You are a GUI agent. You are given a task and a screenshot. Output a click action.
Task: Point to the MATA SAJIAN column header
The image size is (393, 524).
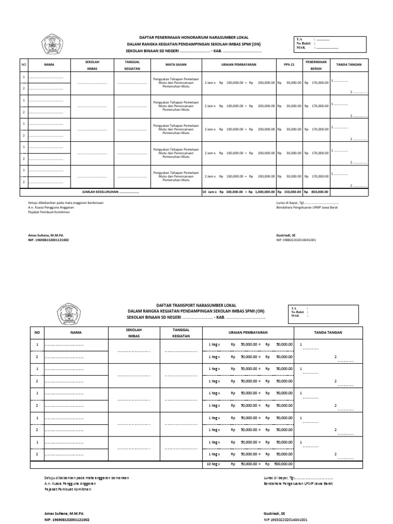click(174, 65)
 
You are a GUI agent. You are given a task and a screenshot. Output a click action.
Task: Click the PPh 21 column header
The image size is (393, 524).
click(289, 65)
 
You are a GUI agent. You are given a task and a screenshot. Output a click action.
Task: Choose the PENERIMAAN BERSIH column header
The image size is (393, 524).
click(316, 65)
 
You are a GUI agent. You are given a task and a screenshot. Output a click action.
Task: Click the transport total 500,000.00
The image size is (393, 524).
click(284, 464)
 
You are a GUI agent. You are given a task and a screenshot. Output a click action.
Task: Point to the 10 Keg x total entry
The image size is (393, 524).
click(212, 464)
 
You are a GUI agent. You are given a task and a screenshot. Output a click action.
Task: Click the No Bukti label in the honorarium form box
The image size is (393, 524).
click(304, 43)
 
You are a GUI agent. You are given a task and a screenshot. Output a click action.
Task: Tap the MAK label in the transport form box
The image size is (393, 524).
click(295, 316)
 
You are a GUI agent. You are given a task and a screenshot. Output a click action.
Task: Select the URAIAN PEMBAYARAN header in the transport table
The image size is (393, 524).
click(248, 332)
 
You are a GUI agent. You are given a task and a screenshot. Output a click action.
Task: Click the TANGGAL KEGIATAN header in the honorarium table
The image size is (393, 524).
click(132, 65)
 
